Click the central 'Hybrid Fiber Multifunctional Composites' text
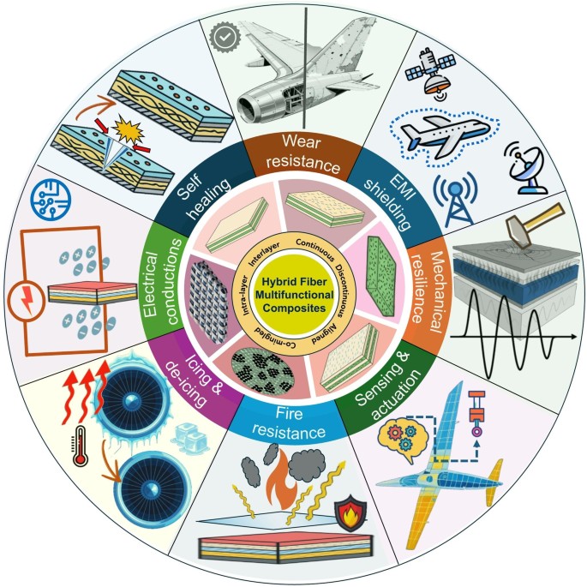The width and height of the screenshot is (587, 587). [293, 293]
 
